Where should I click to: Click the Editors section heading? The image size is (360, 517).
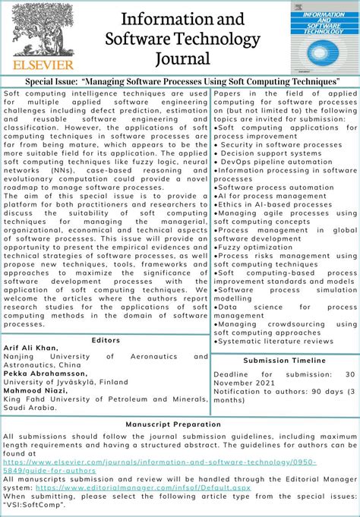pos(106,340)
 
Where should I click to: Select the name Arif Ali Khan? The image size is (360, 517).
pos(30,348)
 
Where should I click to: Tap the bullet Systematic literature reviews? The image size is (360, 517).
pos(276,342)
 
